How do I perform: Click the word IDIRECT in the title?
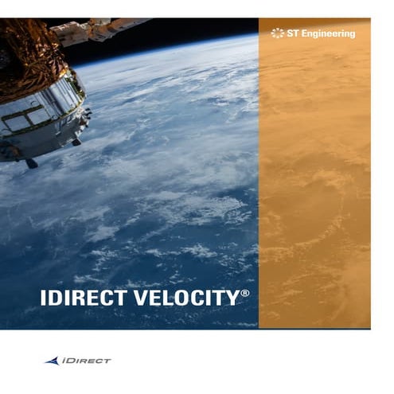(82, 298)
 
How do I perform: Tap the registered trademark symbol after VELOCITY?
(245, 294)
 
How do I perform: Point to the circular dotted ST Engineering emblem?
(277, 33)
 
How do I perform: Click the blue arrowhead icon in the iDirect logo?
(52, 361)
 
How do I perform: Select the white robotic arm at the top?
(96, 30)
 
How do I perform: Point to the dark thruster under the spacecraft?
(30, 162)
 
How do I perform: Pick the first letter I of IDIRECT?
(43, 298)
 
